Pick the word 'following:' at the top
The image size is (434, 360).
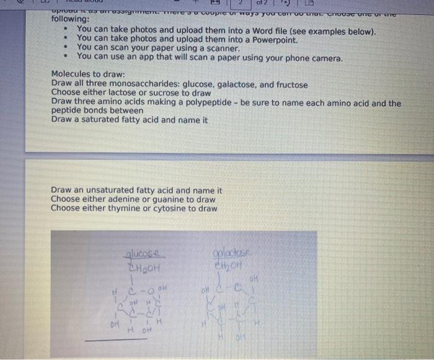tap(70, 19)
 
